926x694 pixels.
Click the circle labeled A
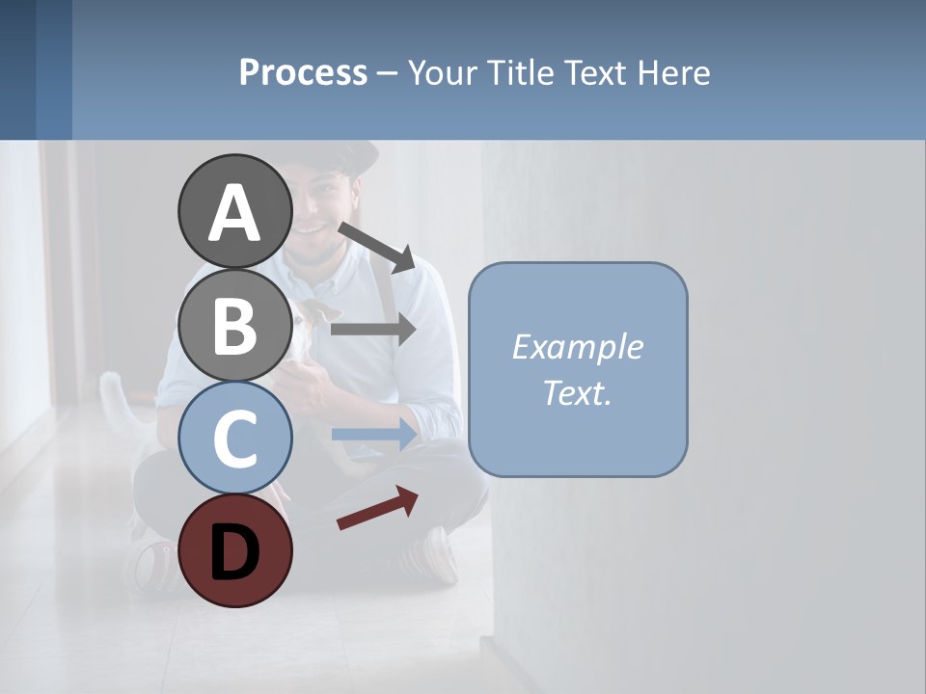pos(234,212)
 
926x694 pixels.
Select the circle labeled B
pos(234,325)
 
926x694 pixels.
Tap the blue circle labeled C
pos(234,439)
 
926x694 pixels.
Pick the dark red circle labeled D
pos(234,550)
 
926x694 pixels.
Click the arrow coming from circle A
pos(377,246)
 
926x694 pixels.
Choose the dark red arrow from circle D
pos(377,509)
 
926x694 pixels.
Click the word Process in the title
pos(303,73)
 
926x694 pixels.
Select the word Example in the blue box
pos(577,347)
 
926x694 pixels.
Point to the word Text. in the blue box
pos(577,393)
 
